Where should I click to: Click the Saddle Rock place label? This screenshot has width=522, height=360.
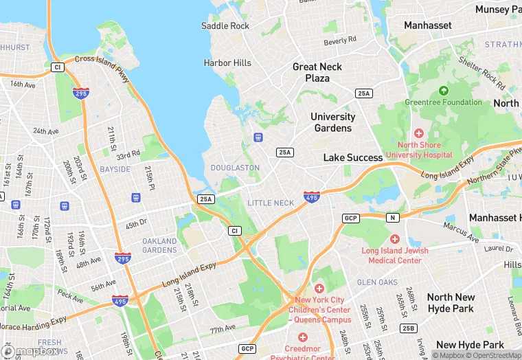coord(225,26)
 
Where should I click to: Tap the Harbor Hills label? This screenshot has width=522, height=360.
coord(227,63)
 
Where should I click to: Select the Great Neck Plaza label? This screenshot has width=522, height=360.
coord(317,72)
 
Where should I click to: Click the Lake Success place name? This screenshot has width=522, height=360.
coord(353,157)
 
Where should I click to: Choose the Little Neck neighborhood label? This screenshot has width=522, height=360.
coord(270,203)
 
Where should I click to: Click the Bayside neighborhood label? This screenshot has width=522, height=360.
coord(115,169)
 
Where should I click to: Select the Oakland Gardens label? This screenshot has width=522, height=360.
coord(159,245)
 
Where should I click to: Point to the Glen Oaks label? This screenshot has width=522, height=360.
coord(377,282)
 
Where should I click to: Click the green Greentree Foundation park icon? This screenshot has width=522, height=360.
coord(443,91)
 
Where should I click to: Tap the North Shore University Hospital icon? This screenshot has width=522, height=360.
coord(418,133)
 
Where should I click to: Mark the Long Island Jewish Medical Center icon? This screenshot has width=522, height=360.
coord(394,238)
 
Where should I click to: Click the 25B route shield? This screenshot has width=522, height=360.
coord(409,328)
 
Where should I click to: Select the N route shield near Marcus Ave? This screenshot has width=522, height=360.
coord(392,218)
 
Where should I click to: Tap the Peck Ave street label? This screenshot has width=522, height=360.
coord(70,297)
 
